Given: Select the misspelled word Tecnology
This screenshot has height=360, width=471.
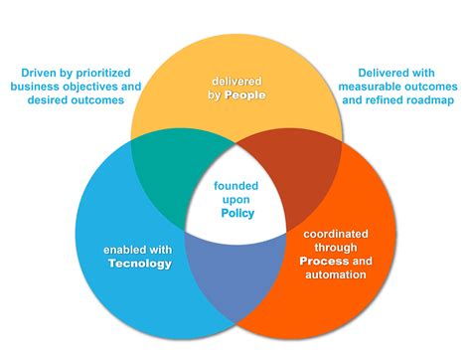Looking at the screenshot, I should pos(140,264).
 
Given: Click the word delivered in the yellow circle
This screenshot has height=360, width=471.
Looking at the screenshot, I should pos(235,81).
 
